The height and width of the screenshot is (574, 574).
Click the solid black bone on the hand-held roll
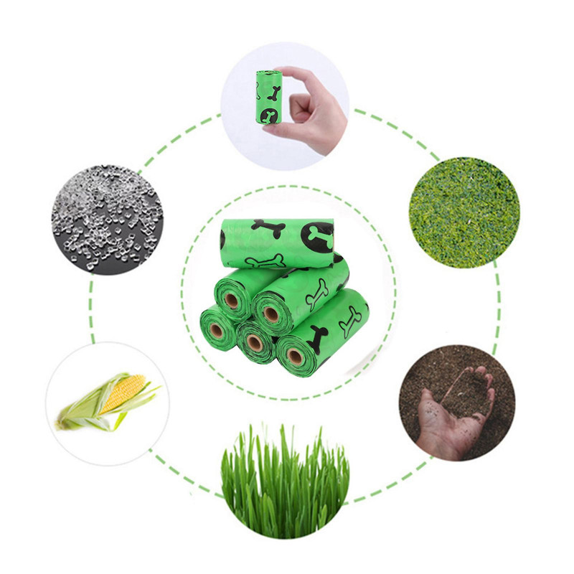click(273, 91)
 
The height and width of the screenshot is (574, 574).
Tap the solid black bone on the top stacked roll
click(268, 229)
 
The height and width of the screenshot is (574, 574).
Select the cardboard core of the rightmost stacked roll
click(293, 356)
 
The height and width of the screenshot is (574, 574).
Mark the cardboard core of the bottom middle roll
click(254, 343)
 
